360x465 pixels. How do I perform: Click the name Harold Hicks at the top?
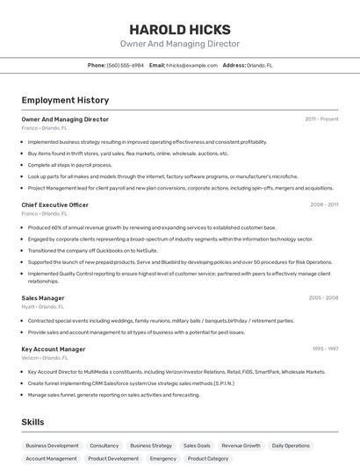pyautogui.click(x=180, y=29)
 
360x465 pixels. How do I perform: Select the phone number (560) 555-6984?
pyautogui.click(x=126, y=65)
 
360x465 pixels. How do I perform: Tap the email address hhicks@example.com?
pyautogui.click(x=192, y=65)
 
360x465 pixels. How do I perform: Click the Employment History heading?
pyautogui.click(x=65, y=100)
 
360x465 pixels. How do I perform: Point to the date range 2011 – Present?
pyautogui.click(x=321, y=118)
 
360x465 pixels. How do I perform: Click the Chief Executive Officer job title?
pyautogui.click(x=55, y=204)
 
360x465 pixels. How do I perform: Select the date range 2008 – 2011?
pyautogui.click(x=324, y=204)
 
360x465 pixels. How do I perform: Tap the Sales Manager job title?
pyautogui.click(x=43, y=298)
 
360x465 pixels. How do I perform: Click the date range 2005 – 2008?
pyautogui.click(x=323, y=298)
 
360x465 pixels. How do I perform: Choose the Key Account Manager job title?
pyautogui.click(x=54, y=349)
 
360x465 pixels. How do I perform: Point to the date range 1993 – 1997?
pyautogui.click(x=324, y=349)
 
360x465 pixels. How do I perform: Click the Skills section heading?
pyautogui.click(x=33, y=422)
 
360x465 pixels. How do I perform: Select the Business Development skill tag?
pyautogui.click(x=52, y=446)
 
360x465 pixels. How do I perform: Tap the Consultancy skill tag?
pyautogui.click(x=104, y=446)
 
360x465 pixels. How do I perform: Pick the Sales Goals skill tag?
pyautogui.click(x=197, y=446)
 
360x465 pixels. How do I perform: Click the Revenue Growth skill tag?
pyautogui.click(x=241, y=446)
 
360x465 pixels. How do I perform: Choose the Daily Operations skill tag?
pyautogui.click(x=291, y=446)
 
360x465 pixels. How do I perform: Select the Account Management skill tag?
pyautogui.click(x=51, y=459)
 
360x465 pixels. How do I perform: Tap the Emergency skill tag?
pyautogui.click(x=163, y=459)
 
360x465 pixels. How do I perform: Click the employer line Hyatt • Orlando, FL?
pyautogui.click(x=43, y=307)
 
